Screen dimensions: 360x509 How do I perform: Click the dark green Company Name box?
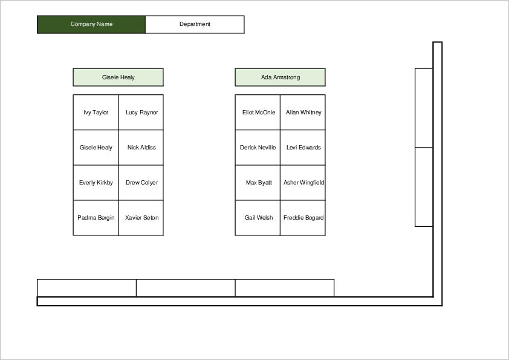click(x=91, y=24)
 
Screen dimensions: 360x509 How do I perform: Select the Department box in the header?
click(x=195, y=24)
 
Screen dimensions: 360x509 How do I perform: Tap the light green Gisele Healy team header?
click(x=118, y=77)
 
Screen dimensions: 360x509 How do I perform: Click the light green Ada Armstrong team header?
click(x=280, y=77)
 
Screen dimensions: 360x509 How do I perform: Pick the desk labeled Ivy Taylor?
click(x=96, y=113)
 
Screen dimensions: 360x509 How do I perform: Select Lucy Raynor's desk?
click(x=141, y=113)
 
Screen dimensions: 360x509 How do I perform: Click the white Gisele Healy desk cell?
click(x=96, y=148)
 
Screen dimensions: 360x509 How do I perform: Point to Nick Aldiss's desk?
click(x=141, y=148)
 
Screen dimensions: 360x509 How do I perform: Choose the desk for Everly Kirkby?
click(x=96, y=183)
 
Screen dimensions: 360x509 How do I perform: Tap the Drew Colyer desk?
click(x=141, y=183)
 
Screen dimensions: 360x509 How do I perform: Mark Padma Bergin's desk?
click(x=96, y=218)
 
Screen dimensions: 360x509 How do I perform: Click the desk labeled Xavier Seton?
click(x=141, y=218)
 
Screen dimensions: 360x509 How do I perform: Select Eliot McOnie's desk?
click(x=258, y=113)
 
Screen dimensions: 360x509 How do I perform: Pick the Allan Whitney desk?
click(x=303, y=113)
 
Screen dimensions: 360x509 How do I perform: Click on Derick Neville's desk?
click(x=258, y=148)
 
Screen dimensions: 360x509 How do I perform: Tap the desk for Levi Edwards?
click(x=303, y=148)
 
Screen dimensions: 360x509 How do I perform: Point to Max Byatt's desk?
click(x=258, y=183)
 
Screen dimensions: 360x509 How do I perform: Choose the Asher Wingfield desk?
click(x=303, y=183)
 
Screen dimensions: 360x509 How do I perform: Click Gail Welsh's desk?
click(x=258, y=218)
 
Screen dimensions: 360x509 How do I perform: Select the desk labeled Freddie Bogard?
click(x=303, y=218)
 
